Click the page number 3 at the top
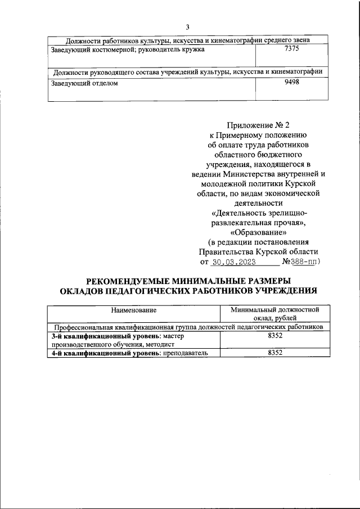[187, 26]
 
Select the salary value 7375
[291, 49]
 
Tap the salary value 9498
[291, 82]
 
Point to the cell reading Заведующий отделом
[85, 83]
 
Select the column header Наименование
[133, 310]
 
